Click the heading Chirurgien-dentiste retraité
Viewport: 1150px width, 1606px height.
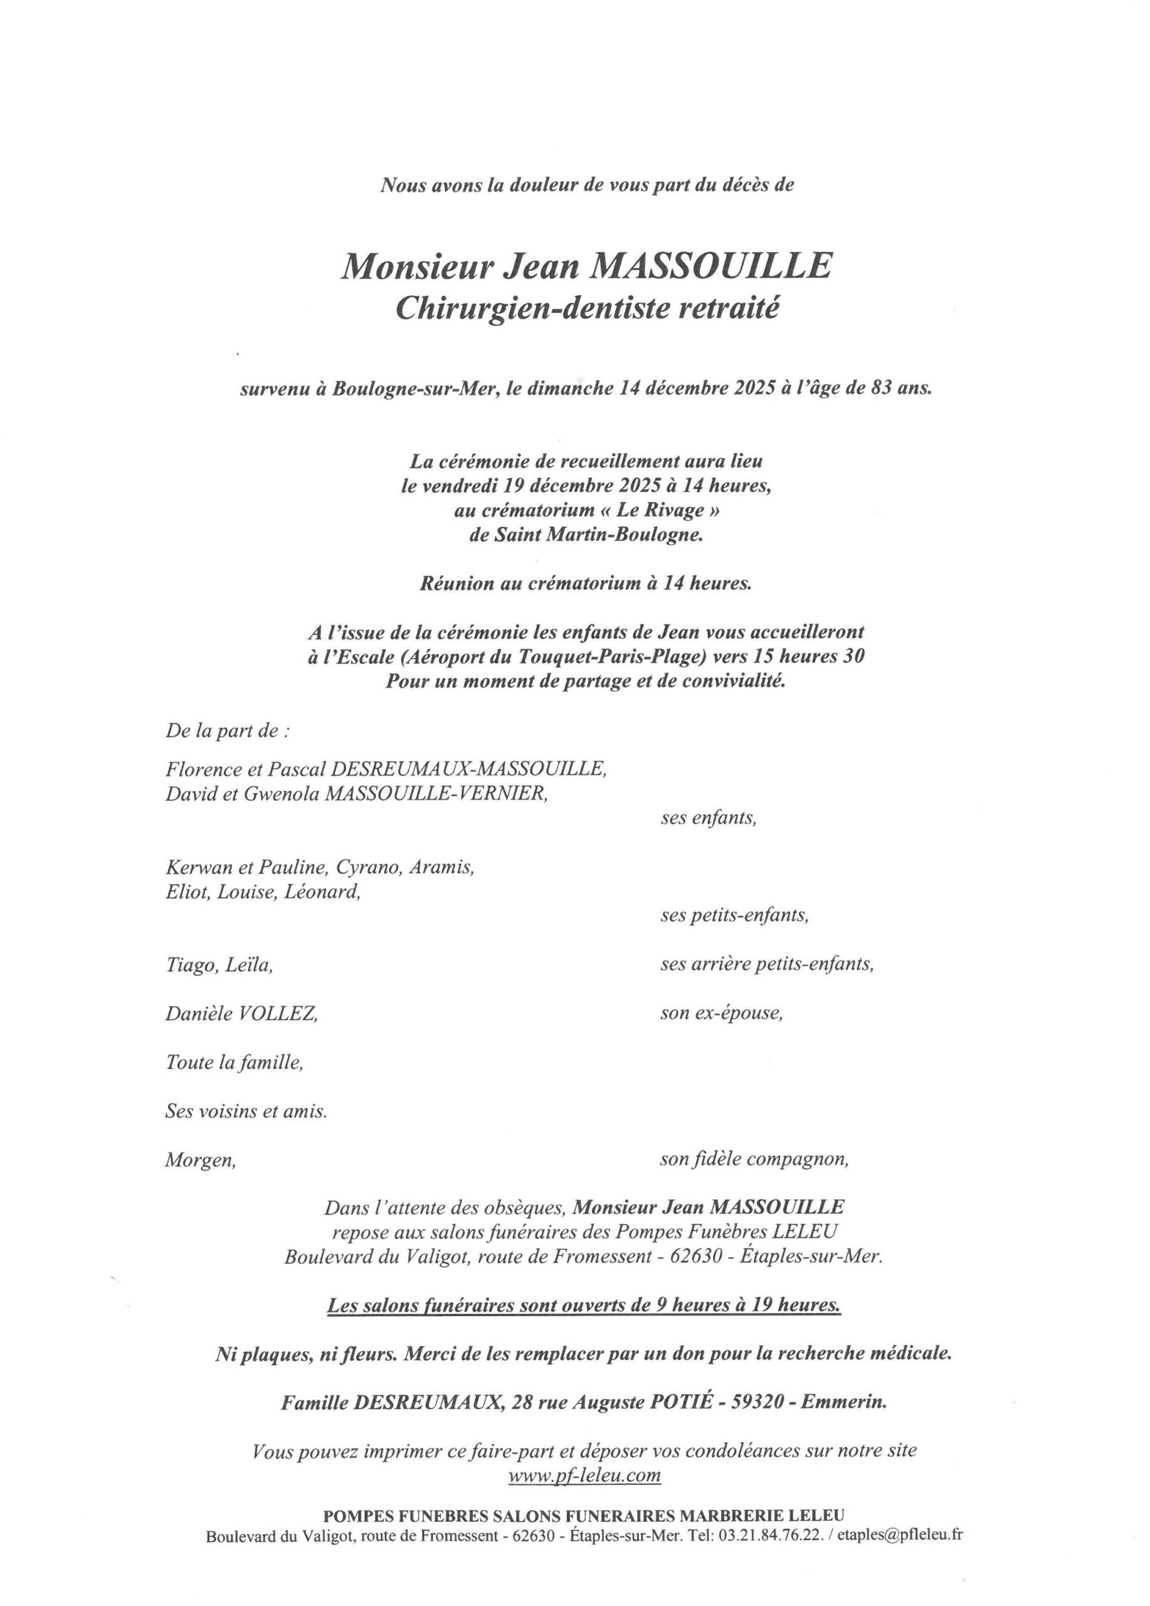587,309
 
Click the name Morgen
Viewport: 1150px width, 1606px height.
200,1160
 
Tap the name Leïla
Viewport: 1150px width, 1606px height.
248,964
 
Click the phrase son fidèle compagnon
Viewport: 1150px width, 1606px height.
754,1159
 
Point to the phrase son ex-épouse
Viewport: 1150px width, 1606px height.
721,1013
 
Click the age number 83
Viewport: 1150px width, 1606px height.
881,389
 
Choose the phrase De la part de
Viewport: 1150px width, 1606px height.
226,730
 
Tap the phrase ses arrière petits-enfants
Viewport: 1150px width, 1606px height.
766,964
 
